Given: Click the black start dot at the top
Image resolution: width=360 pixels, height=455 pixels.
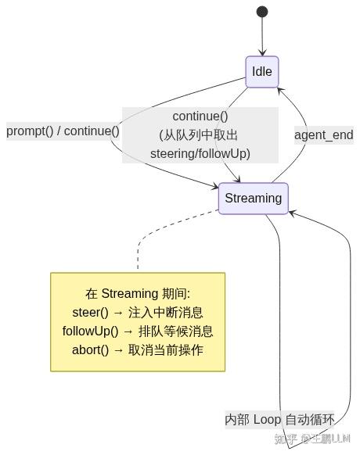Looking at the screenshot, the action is [262, 12].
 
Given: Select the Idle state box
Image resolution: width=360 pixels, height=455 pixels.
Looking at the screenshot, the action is [262, 72].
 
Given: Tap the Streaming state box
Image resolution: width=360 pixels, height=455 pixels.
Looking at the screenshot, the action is [254, 199].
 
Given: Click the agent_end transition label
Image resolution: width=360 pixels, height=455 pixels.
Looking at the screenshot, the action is [324, 135].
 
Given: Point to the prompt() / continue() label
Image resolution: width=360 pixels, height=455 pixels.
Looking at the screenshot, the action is [63, 131].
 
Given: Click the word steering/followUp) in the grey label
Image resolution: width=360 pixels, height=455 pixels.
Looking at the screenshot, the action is [200, 153].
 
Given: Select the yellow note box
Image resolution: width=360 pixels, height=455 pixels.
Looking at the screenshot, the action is [138, 322].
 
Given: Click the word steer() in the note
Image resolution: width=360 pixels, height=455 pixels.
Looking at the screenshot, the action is [90, 313].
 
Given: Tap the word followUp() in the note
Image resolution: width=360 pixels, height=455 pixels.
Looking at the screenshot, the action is [90, 331].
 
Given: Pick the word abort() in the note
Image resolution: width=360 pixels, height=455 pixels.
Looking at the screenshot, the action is [90, 350].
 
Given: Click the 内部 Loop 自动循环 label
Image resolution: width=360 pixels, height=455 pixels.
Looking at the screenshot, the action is [279, 420].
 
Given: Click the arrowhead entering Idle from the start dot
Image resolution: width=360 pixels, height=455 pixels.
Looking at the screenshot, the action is [262, 53].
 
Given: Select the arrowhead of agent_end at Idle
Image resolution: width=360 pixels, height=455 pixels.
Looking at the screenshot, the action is [279, 90].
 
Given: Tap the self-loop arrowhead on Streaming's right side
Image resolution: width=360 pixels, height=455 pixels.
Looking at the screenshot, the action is [292, 213].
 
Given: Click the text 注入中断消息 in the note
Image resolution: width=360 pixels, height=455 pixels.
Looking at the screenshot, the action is [165, 313].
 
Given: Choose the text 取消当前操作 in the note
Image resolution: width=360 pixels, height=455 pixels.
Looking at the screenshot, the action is [166, 350].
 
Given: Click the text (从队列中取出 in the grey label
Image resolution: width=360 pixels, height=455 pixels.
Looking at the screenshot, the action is [199, 135].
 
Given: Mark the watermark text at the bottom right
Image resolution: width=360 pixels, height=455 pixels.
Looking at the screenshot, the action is [312, 439].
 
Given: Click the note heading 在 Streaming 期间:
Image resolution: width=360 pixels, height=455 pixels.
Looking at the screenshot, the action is [138, 294].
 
